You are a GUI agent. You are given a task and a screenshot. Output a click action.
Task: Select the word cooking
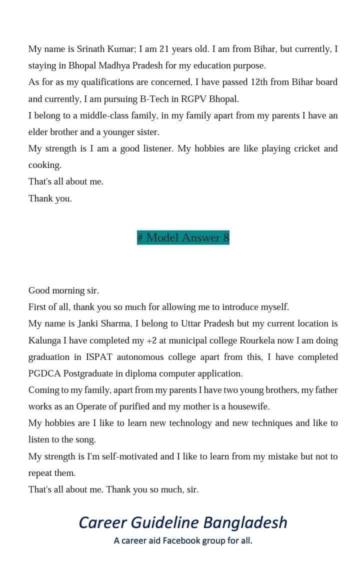coord(44,165)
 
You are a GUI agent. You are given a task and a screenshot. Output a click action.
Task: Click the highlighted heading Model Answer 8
coord(183,237)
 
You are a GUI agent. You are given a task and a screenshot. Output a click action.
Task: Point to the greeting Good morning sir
coord(63,290)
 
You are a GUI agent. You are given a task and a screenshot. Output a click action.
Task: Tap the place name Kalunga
coord(44,340)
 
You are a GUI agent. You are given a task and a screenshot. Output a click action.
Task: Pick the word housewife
coord(249,406)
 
